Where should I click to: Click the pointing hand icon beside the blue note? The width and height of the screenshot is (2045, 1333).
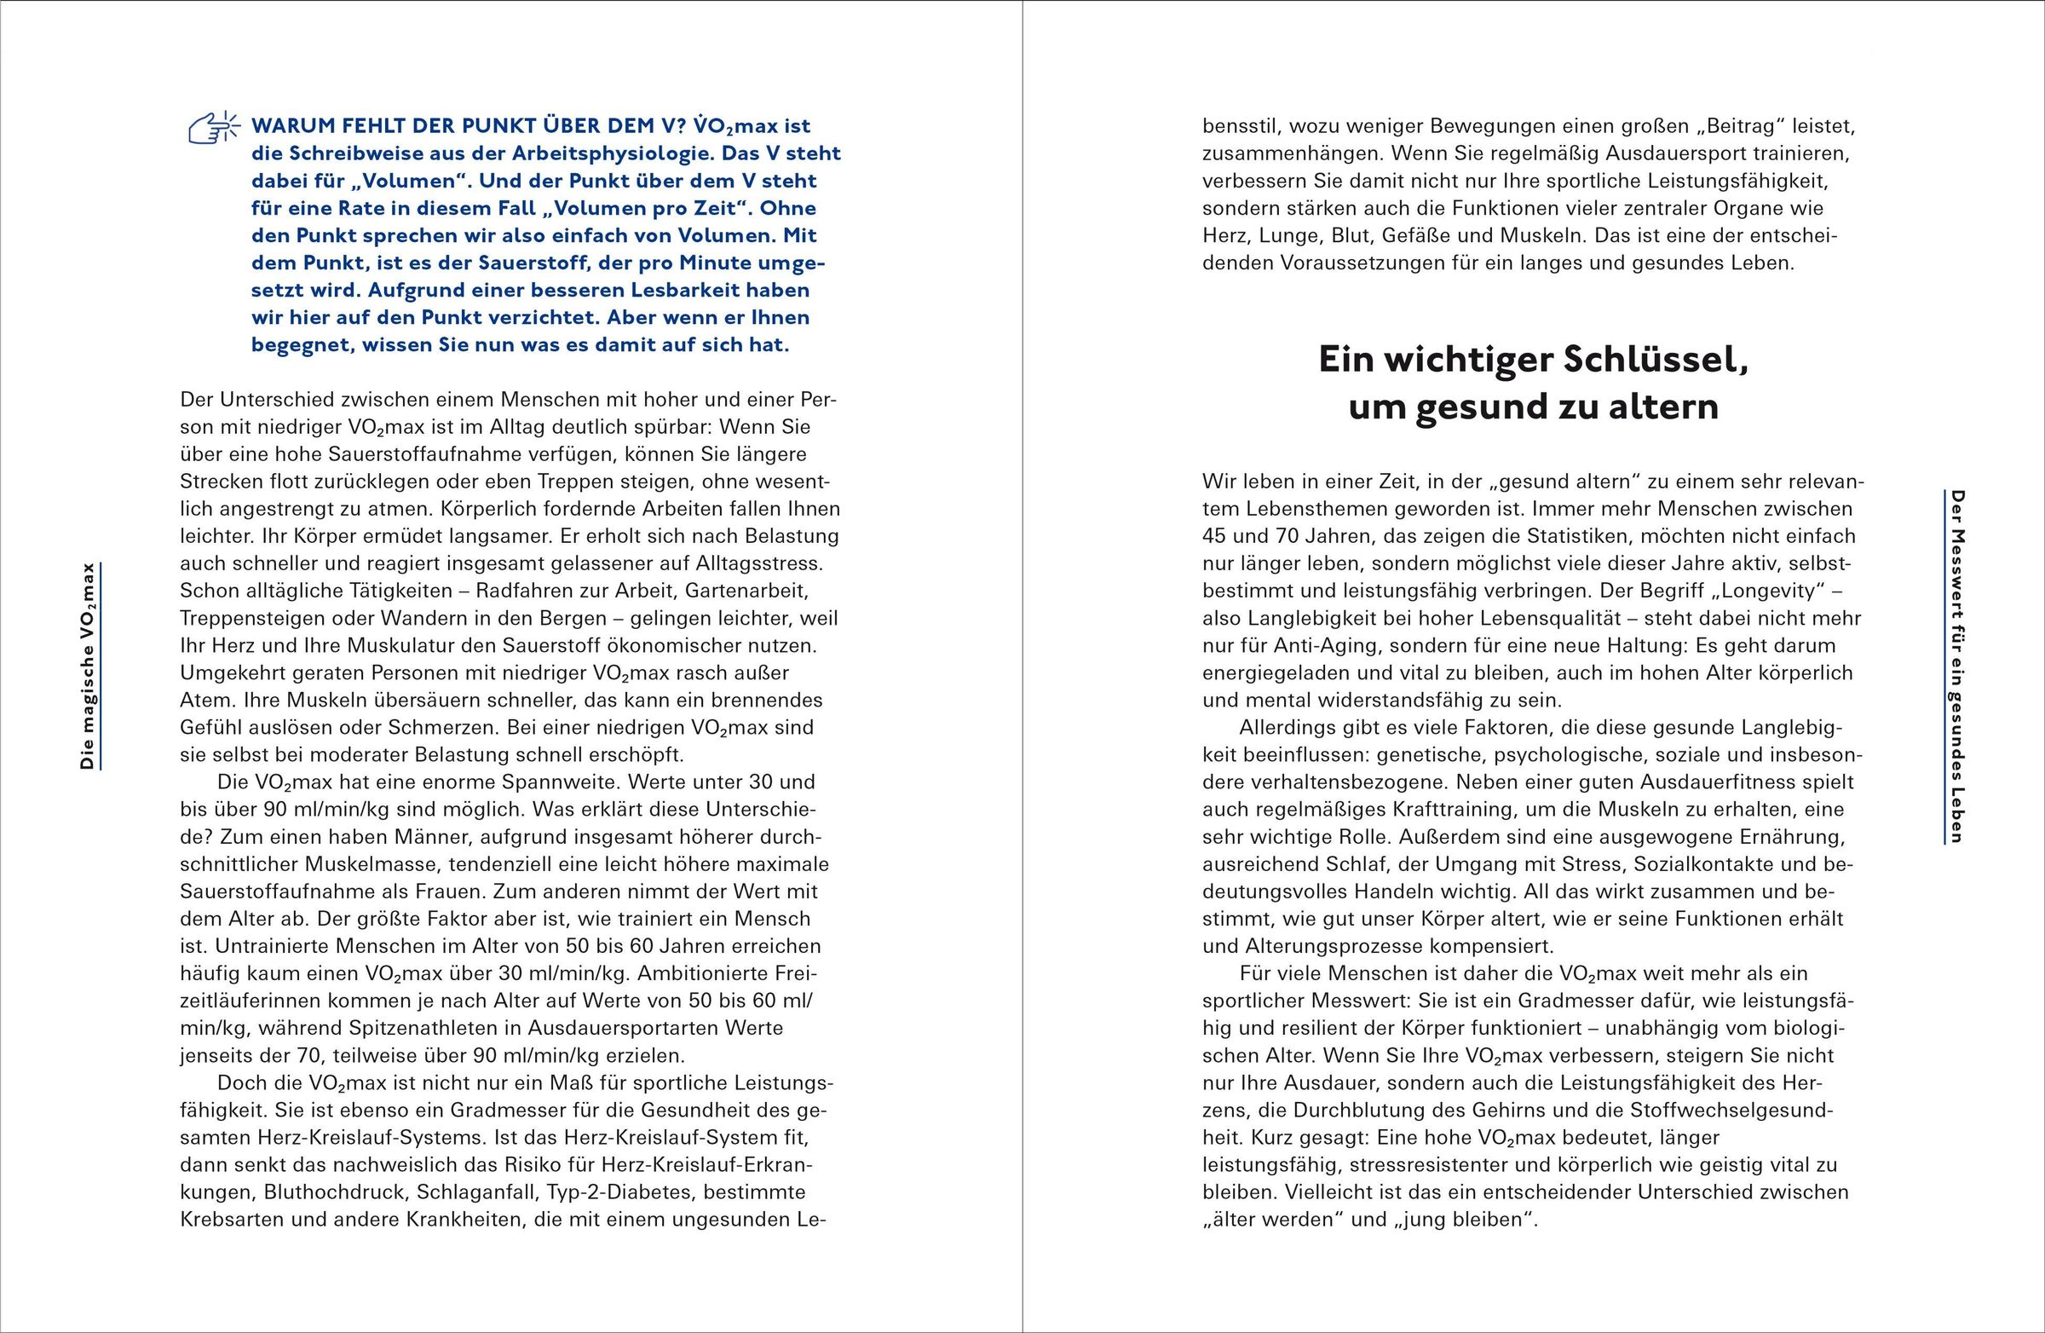pyautogui.click(x=213, y=127)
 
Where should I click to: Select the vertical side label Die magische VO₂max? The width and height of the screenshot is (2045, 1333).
pyautogui.click(x=88, y=666)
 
